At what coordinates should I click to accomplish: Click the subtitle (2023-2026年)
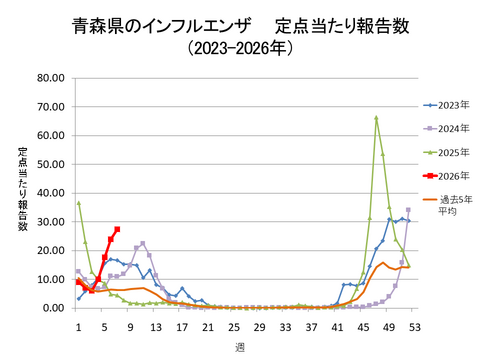pyautogui.click(x=241, y=48)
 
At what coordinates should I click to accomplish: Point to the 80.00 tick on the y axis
pyautogui.click(x=50, y=78)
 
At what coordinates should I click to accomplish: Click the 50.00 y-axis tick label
pyautogui.click(x=50, y=164)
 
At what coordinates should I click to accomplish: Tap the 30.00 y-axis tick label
pyautogui.click(x=50, y=222)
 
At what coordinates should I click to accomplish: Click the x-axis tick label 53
pyautogui.click(x=415, y=327)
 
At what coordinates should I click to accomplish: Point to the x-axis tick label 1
pyautogui.click(x=78, y=327)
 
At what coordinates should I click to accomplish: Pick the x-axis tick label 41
pyautogui.click(x=337, y=327)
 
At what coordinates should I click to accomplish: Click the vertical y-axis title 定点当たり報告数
pyautogui.click(x=22, y=190)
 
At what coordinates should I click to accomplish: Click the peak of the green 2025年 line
pyautogui.click(x=376, y=118)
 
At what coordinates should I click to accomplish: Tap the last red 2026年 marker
pyautogui.click(x=117, y=229)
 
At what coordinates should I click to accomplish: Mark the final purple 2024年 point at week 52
pyautogui.click(x=408, y=210)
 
